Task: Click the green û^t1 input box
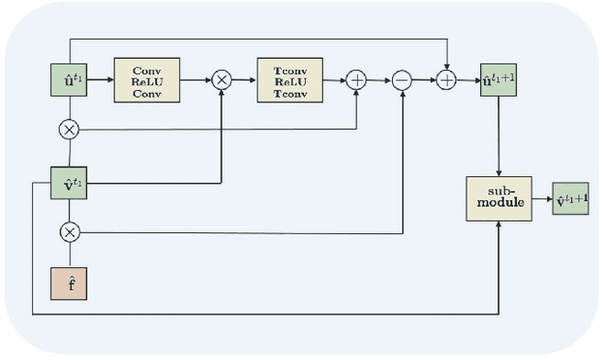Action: tap(69, 81)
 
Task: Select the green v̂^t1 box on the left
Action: tap(69, 183)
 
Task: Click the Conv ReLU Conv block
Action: tap(147, 81)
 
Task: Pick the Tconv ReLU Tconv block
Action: tap(290, 81)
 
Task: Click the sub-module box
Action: tap(498, 199)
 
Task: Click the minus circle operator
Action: tap(402, 81)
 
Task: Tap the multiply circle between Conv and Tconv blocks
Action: tap(222, 81)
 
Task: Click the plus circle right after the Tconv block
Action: tap(357, 81)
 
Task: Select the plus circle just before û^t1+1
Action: tap(447, 81)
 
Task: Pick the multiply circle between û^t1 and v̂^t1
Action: tap(69, 128)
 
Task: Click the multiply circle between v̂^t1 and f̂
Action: tap(69, 230)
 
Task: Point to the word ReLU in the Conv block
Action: tap(147, 81)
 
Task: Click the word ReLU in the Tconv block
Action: tap(290, 81)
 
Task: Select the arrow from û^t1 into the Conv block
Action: tap(99, 81)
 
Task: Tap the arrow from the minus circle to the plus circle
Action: tap(424, 81)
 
